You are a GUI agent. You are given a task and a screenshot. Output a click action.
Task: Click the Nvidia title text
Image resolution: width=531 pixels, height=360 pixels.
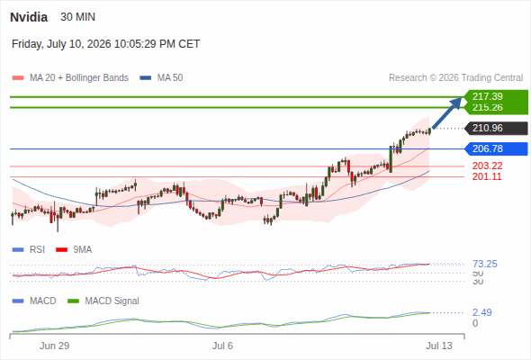[29, 17]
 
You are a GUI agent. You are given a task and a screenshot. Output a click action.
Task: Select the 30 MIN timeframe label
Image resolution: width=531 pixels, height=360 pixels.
[78, 17]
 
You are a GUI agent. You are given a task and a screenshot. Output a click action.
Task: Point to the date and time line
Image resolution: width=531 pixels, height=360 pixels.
[105, 44]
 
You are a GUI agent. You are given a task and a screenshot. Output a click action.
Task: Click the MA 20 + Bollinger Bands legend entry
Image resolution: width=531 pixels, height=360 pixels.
[70, 78]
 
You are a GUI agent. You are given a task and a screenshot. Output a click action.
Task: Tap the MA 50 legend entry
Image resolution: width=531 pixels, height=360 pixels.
[161, 78]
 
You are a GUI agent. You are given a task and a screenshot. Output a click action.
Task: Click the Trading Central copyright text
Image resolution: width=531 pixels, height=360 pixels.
[455, 78]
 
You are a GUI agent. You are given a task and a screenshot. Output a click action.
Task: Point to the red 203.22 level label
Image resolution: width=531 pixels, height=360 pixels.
[487, 166]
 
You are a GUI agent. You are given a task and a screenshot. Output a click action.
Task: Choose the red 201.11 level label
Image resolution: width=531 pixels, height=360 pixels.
[487, 176]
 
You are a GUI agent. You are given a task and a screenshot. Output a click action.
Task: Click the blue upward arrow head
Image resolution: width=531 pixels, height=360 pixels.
[457, 103]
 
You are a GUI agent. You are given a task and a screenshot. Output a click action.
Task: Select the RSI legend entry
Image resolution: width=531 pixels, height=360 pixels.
[29, 250]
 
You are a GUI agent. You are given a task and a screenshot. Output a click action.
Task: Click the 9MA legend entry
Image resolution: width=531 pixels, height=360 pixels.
[74, 250]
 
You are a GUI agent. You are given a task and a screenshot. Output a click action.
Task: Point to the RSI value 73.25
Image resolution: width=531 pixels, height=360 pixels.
[485, 264]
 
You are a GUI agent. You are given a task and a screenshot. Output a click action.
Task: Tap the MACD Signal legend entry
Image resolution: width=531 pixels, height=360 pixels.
[103, 301]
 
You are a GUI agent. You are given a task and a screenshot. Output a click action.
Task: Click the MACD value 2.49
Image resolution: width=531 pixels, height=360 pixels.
[482, 312]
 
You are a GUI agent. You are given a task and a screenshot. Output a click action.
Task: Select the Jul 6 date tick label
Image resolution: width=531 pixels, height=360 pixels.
[222, 346]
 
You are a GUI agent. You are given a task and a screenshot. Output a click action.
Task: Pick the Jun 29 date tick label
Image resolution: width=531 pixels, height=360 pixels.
[54, 346]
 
